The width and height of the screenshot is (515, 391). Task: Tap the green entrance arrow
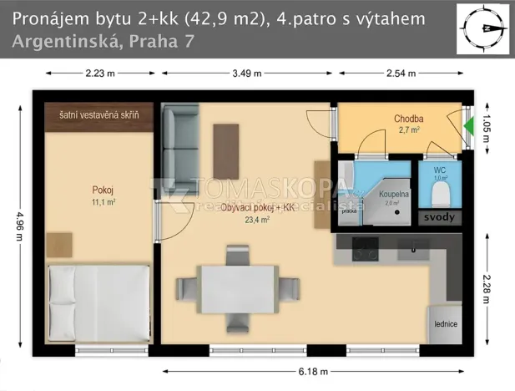(468, 126)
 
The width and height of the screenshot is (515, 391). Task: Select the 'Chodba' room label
(408, 119)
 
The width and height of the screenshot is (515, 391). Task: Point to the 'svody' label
(439, 217)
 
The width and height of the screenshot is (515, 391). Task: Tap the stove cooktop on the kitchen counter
(364, 248)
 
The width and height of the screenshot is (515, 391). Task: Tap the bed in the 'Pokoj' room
(98, 302)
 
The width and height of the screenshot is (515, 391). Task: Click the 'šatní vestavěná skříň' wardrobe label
(98, 113)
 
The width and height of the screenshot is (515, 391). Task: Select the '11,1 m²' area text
(104, 201)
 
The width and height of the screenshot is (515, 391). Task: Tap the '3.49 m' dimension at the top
(247, 74)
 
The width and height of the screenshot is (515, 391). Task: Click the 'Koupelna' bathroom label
(393, 194)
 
